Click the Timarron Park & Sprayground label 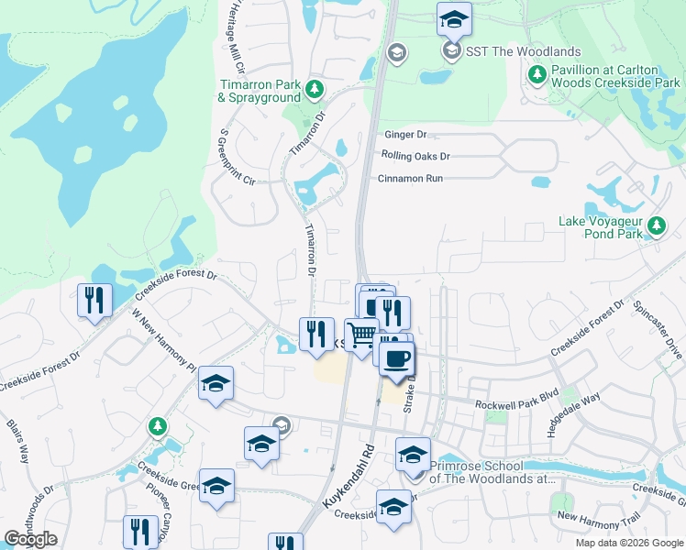tap(260, 91)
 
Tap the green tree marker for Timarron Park tap(315, 89)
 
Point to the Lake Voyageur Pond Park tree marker tap(656, 225)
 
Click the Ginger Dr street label tap(406, 134)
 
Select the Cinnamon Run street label tap(410, 178)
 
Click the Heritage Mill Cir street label tap(236, 37)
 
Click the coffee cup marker tap(395, 357)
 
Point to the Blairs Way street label tap(20, 445)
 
